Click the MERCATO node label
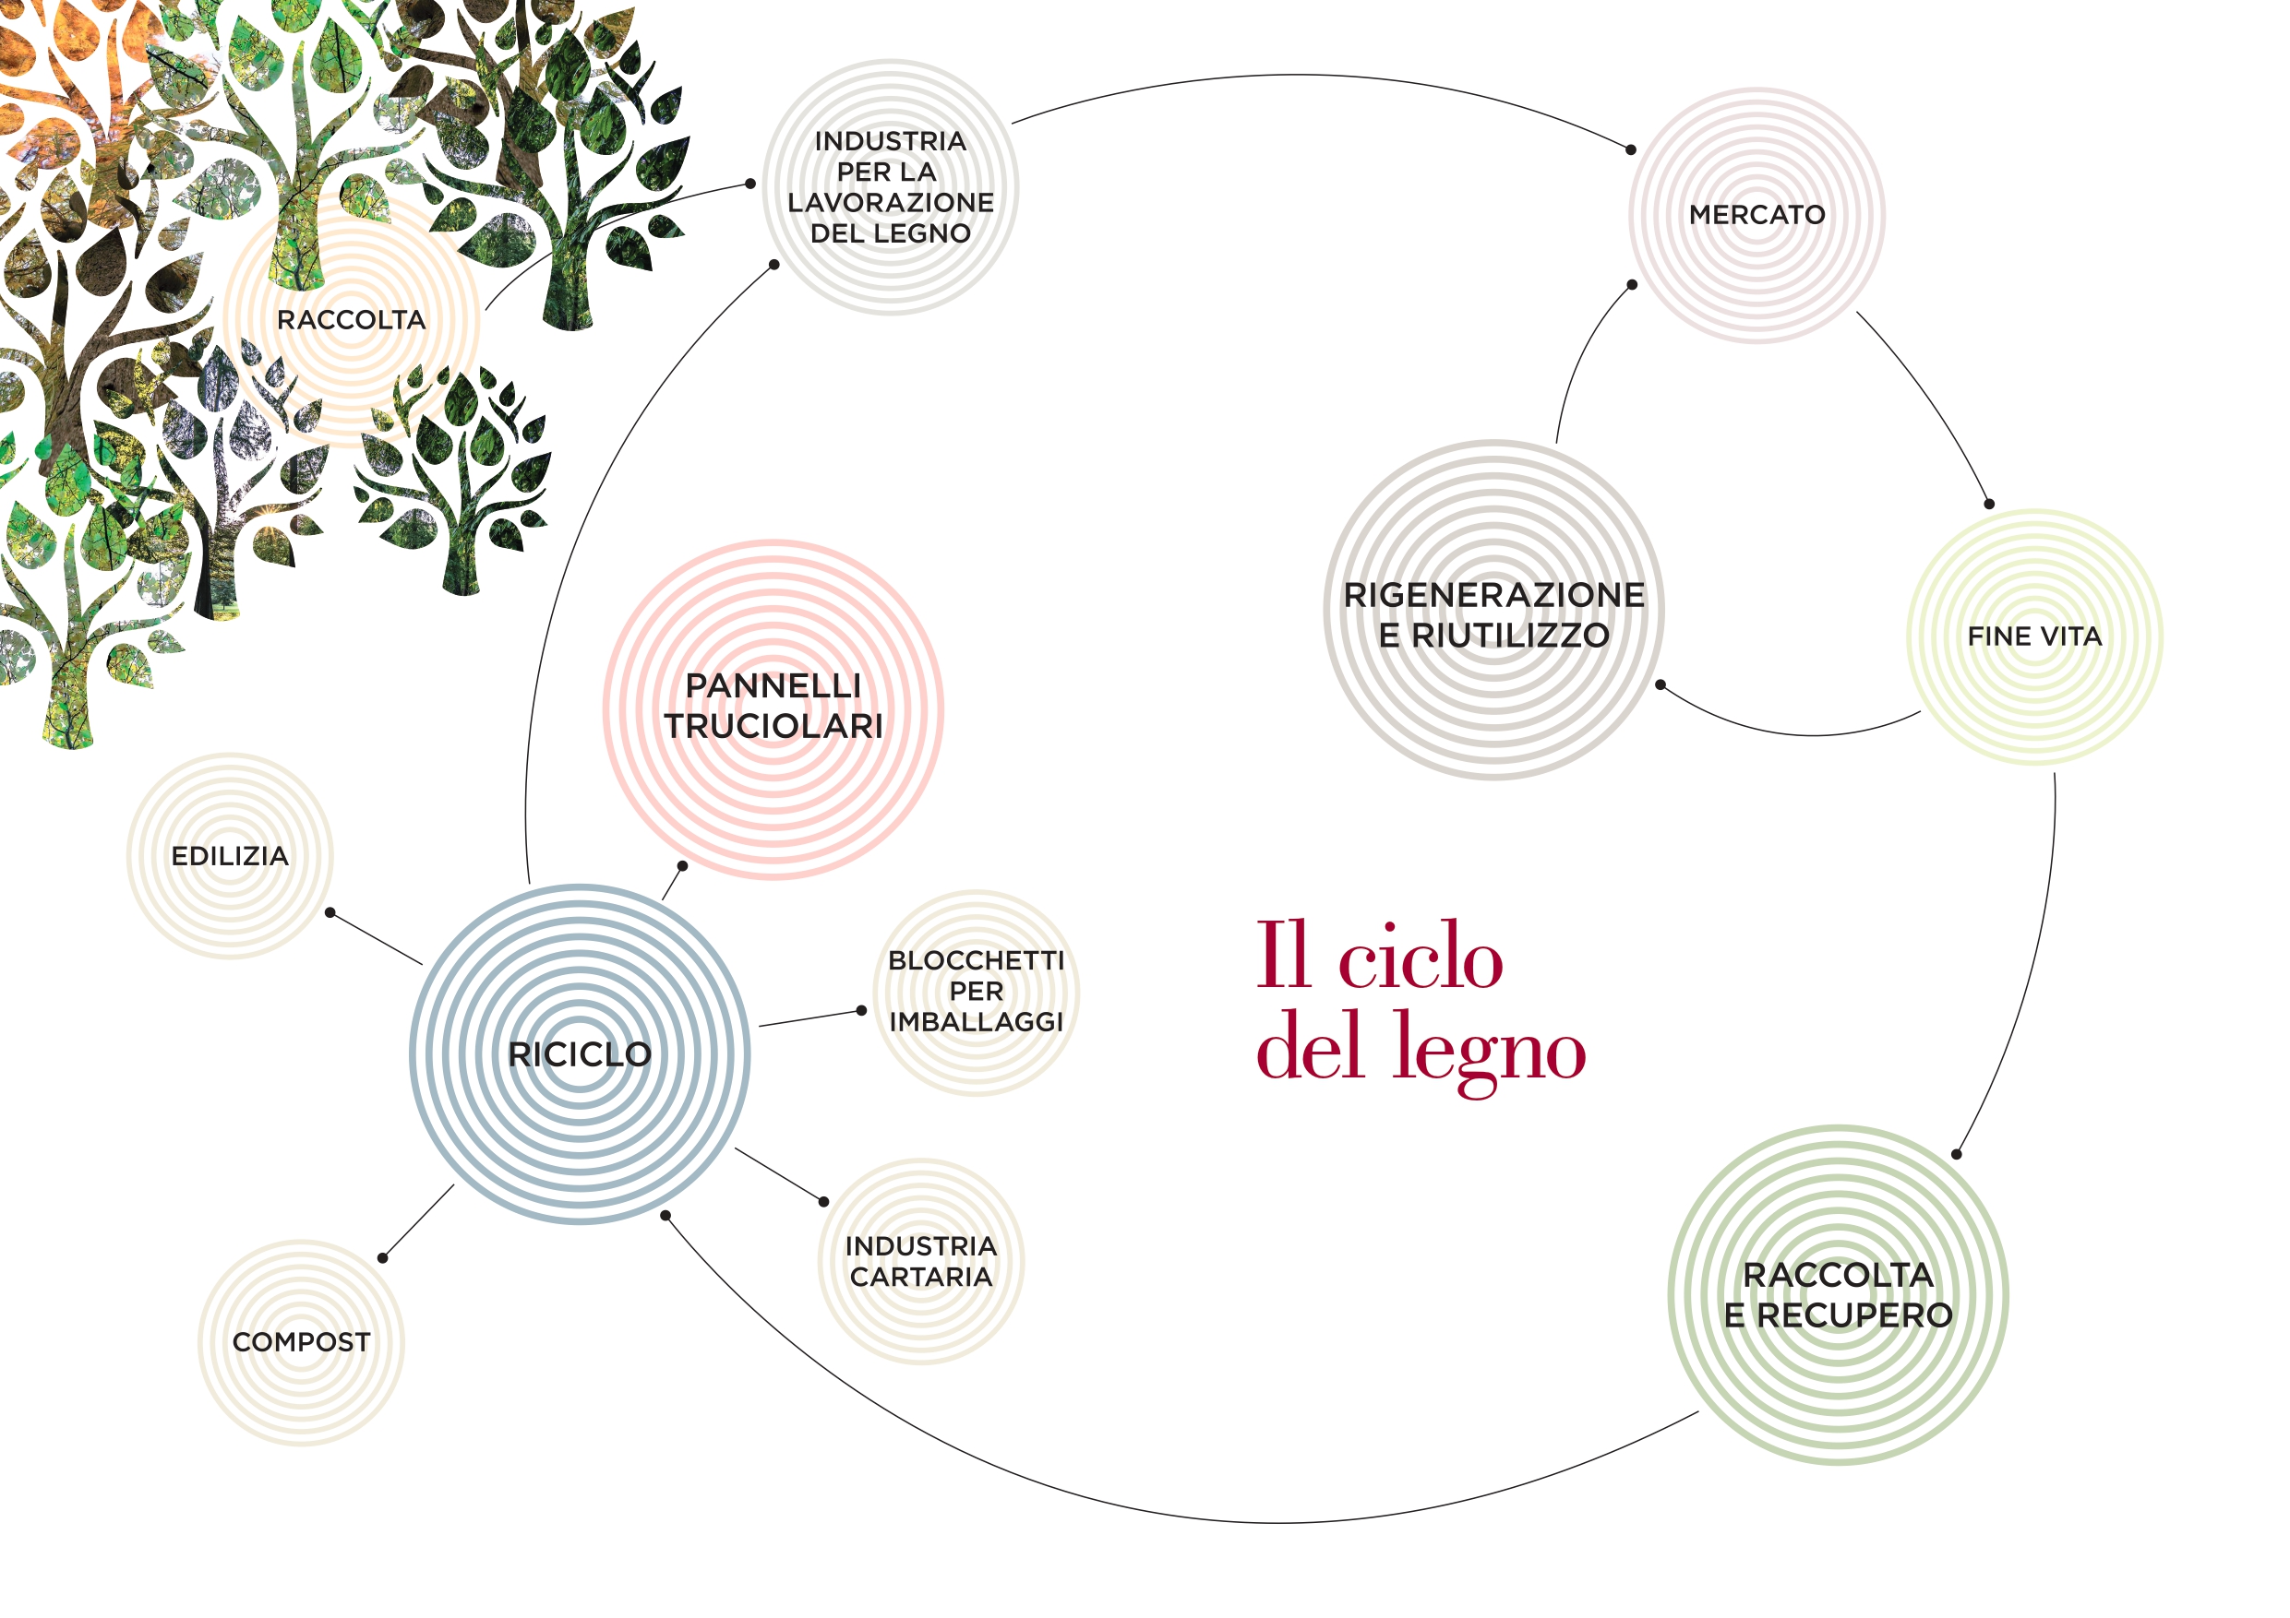pos(1756,214)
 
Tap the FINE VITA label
pos(2033,636)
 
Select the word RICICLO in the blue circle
pos(580,1053)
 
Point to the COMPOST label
pos(301,1342)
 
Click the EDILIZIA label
pos(230,856)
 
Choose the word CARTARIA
pos(920,1277)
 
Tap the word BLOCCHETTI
pos(976,961)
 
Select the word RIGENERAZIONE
pos(1493,595)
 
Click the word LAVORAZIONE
pos(890,202)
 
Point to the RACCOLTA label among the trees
pos(351,320)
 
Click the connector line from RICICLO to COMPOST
pos(417,1221)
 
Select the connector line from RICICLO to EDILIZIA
pos(376,938)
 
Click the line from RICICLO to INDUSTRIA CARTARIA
pos(780,1175)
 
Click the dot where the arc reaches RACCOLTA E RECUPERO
pos(1956,1154)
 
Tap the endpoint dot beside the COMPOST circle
pos(382,1258)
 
